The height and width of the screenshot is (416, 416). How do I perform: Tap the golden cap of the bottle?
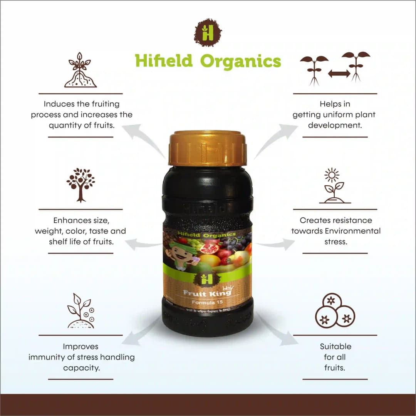pos(208,148)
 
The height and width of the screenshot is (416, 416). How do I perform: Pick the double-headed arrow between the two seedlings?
pos(339,73)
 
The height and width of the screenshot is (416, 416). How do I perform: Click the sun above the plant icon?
pos(331,175)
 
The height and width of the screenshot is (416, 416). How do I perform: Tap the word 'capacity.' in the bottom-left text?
pos(82,367)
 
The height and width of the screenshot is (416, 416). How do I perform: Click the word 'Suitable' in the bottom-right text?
pos(335,346)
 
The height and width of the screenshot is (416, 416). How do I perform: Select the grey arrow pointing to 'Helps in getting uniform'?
pos(275,137)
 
